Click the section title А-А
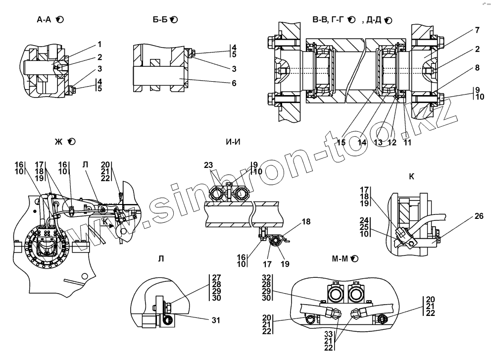[x=44, y=20]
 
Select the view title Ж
[x=58, y=142]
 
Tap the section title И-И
[x=233, y=142]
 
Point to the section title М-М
[x=341, y=258]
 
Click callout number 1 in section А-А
[x=99, y=44]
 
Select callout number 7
[x=477, y=30]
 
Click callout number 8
[x=477, y=67]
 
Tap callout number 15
[x=341, y=143]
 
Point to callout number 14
[x=362, y=143]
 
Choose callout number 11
[x=407, y=143]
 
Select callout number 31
[x=216, y=320]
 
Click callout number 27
[x=216, y=277]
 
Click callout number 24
[x=364, y=220]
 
